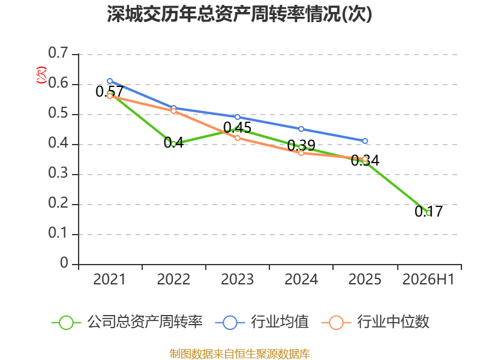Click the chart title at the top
tap(239, 14)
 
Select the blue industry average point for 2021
tap(110, 81)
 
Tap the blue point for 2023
tap(237, 117)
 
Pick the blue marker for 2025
tap(365, 141)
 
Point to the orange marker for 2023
tap(237, 138)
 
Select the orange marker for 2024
tap(301, 153)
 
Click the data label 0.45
tap(237, 128)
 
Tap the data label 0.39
tap(301, 145)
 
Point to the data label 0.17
tap(428, 211)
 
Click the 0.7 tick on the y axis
tap(58, 53)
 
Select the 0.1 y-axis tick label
tap(58, 233)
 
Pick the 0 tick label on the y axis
tap(64, 263)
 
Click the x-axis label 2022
tap(173, 280)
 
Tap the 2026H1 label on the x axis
tap(428, 280)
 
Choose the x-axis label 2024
tap(301, 280)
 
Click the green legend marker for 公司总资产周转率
tap(66, 323)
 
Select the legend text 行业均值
tap(280, 322)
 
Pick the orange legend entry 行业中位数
tap(376, 322)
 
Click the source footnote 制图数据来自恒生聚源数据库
tap(239, 354)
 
